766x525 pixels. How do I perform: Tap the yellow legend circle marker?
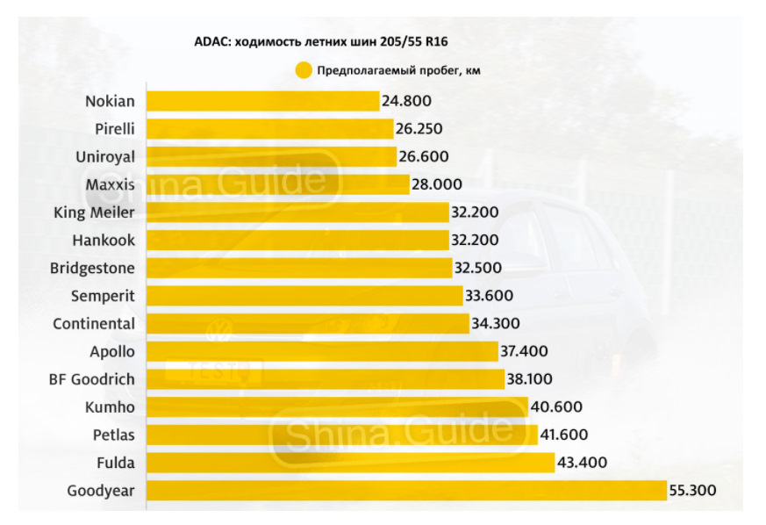tap(304, 70)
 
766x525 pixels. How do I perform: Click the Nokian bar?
tap(262, 101)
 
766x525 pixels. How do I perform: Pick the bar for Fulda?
tap(350, 462)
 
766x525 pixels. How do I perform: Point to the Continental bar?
tap(307, 323)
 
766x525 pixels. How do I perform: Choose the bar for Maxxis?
tap(277, 184)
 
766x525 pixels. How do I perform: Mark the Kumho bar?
tap(337, 406)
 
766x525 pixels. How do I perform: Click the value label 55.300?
tap(693, 490)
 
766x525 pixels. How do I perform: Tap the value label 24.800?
tap(405, 101)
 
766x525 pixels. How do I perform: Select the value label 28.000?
tap(436, 184)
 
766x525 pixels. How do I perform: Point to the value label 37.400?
tap(524, 351)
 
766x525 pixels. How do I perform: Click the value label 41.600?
tap(564, 435)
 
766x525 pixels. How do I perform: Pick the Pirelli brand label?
tap(115, 129)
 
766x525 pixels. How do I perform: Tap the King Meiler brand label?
tap(95, 212)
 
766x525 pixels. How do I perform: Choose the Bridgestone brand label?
tap(93, 268)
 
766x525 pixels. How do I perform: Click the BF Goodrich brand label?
tap(91, 378)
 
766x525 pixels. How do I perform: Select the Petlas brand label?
tap(114, 435)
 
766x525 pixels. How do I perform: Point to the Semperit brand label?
tap(104, 296)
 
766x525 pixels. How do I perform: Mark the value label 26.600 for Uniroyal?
tap(423, 156)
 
